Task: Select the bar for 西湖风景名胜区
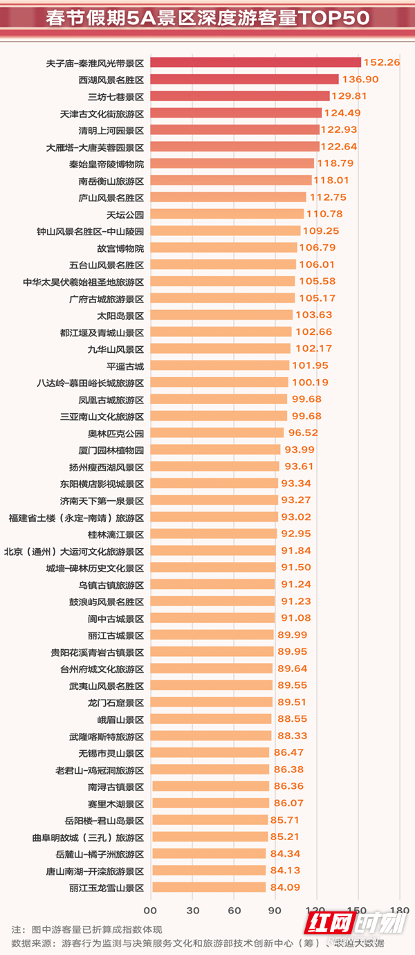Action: (x=244, y=80)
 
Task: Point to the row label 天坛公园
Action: (x=125, y=214)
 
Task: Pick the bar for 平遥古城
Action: (x=219, y=365)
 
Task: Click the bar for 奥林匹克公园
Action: (x=216, y=433)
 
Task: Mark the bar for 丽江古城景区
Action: (x=212, y=635)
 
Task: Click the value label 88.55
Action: (x=292, y=719)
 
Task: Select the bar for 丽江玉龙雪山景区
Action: (x=207, y=887)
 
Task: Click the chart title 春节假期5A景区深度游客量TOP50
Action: (x=207, y=18)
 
